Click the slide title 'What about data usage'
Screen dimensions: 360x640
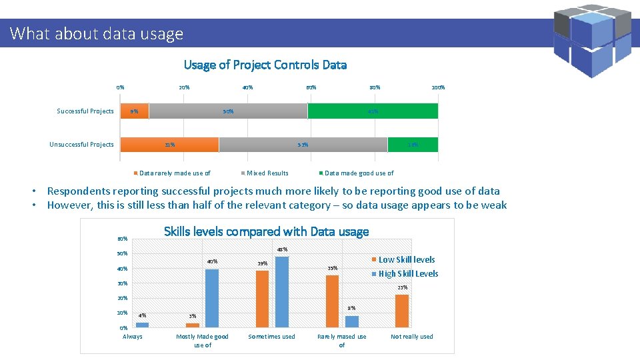97,33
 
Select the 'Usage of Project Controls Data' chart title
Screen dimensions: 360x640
265,65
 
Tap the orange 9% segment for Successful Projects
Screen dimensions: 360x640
135,111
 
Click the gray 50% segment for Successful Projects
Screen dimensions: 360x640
228,111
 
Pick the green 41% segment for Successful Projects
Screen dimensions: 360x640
373,111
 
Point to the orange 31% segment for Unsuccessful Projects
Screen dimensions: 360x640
169,145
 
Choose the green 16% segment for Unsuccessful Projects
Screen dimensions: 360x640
413,145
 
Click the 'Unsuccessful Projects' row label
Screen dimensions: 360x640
81,145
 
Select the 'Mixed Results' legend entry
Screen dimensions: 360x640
267,173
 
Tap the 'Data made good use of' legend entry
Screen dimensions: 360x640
359,173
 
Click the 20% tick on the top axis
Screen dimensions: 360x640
184,87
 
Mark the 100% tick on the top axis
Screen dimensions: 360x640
438,87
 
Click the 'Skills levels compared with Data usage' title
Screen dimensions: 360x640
266,232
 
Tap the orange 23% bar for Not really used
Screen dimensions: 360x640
401,311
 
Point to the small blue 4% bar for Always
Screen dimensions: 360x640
142,325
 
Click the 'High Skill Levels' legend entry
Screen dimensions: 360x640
408,274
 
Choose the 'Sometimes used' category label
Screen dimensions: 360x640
271,337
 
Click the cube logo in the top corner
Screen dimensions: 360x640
593,40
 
